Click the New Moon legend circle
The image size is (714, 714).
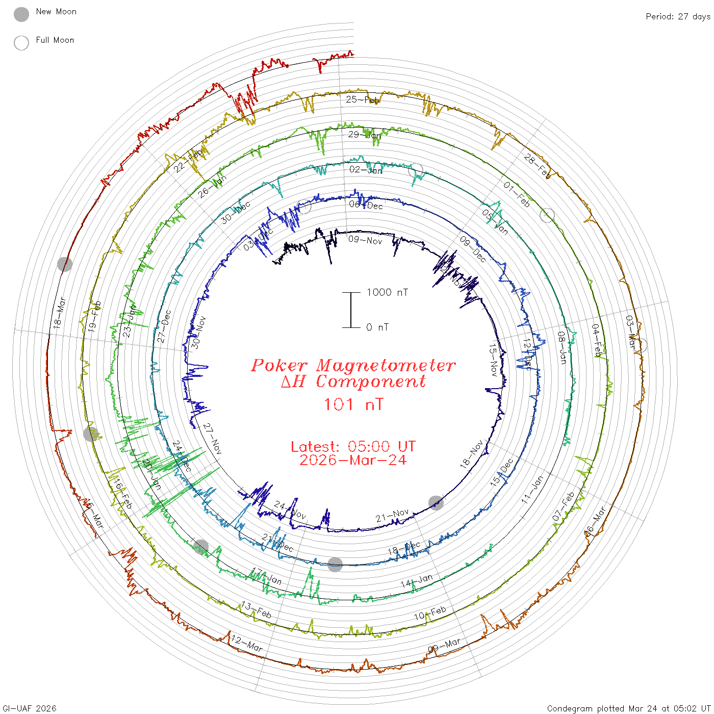[x=21, y=14]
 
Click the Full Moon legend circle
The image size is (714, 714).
[x=21, y=43]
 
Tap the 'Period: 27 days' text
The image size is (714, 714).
[x=678, y=16]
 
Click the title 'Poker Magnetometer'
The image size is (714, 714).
[x=353, y=365]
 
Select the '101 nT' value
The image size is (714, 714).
[x=353, y=404]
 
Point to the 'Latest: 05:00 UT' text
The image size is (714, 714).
[x=353, y=447]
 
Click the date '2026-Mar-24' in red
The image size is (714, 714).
[x=353, y=460]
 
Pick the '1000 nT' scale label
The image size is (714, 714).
[x=387, y=292]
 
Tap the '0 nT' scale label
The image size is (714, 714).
[x=377, y=327]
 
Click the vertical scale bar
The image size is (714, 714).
[x=351, y=310]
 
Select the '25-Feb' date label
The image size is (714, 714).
[x=362, y=99]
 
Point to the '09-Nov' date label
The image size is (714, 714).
[x=365, y=240]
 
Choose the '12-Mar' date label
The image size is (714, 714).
[x=247, y=644]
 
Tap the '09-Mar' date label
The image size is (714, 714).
[x=444, y=646]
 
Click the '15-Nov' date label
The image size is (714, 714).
[x=493, y=360]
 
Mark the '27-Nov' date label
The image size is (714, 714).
[x=213, y=439]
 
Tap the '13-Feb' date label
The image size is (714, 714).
[x=257, y=609]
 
